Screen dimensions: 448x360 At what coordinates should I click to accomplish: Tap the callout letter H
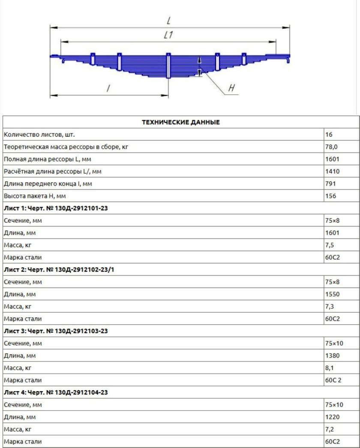(x=232, y=88)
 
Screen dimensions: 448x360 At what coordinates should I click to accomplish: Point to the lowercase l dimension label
(x=108, y=88)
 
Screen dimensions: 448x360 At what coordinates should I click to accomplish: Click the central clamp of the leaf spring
(x=168, y=66)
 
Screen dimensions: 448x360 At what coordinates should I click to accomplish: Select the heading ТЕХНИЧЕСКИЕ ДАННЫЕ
(x=180, y=122)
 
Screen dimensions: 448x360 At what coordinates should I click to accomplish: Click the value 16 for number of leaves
(x=329, y=134)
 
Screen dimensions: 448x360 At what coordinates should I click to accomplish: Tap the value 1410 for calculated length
(x=332, y=171)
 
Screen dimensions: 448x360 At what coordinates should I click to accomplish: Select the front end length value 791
(x=330, y=184)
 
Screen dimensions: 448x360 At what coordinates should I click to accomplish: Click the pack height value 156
(x=330, y=196)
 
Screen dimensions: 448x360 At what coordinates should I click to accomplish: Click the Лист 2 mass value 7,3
(x=330, y=307)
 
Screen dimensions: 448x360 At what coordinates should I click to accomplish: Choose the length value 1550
(x=332, y=295)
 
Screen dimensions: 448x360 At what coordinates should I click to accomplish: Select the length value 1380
(x=332, y=355)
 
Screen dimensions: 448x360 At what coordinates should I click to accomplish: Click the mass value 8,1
(x=330, y=368)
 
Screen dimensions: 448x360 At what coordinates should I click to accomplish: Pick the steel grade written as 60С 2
(x=333, y=380)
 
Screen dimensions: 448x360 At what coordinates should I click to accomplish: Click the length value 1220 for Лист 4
(x=332, y=417)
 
